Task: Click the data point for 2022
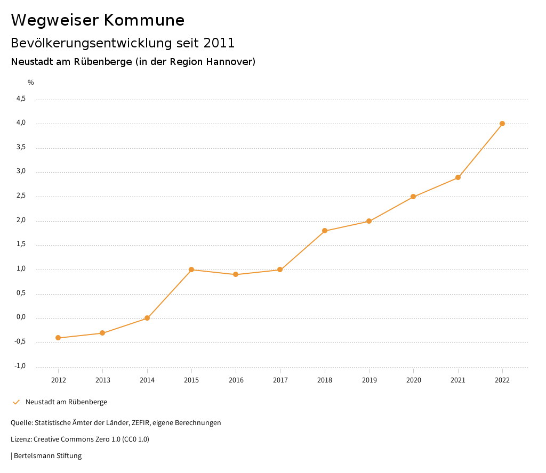pyautogui.click(x=502, y=124)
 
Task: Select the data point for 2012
pyautogui.click(x=58, y=338)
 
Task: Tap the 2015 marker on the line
pyautogui.click(x=191, y=270)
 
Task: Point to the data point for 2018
pyautogui.click(x=325, y=231)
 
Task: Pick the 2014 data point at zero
pyautogui.click(x=147, y=318)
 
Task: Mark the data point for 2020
pyautogui.click(x=413, y=197)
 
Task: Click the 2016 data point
pyautogui.click(x=236, y=274)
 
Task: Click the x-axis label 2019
pyautogui.click(x=369, y=380)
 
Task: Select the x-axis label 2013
pyautogui.click(x=102, y=380)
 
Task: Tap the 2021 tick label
pyautogui.click(x=458, y=380)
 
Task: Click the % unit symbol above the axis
pyautogui.click(x=31, y=82)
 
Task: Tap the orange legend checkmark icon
pyautogui.click(x=16, y=402)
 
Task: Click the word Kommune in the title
pyautogui.click(x=144, y=20)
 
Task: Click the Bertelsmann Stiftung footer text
pyautogui.click(x=47, y=456)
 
